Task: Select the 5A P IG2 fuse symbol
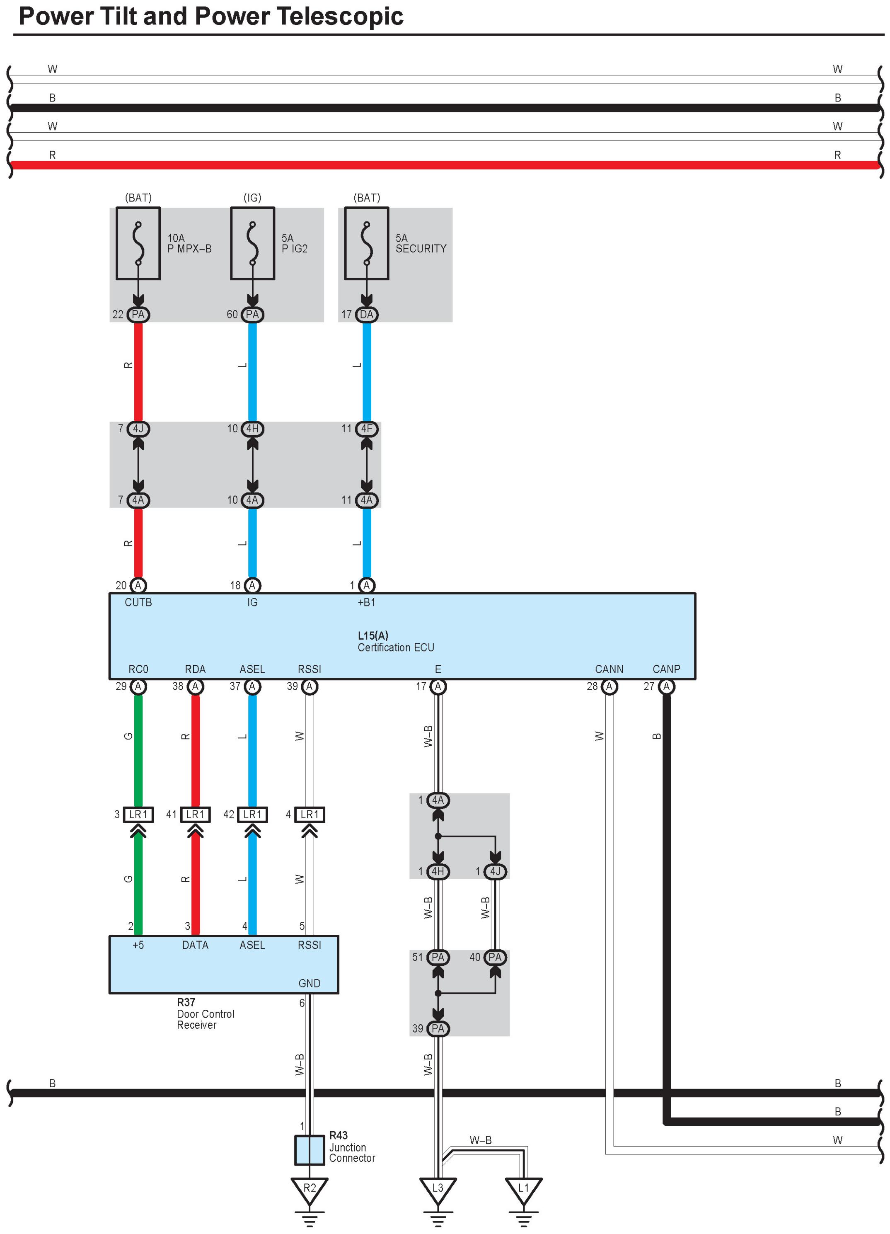tap(252, 243)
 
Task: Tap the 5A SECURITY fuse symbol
tap(367, 243)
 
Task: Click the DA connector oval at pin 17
tap(367, 315)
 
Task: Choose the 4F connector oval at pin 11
tap(367, 429)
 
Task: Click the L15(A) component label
tap(372, 635)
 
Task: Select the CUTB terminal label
tap(138, 602)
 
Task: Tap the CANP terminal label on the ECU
tap(666, 669)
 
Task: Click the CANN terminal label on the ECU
tap(609, 669)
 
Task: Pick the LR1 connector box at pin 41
tap(195, 815)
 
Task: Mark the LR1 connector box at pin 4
tap(310, 815)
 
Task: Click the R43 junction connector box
tap(310, 1150)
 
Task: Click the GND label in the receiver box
tap(309, 983)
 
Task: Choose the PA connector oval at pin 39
tap(438, 1028)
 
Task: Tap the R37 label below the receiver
tap(186, 1002)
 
